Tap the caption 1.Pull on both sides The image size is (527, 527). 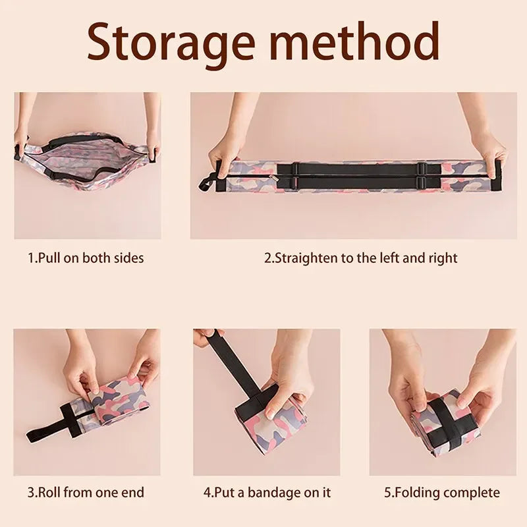click(x=86, y=258)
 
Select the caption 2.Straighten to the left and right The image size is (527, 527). click(x=360, y=258)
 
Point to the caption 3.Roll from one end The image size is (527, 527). click(x=86, y=492)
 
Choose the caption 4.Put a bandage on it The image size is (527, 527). click(x=267, y=492)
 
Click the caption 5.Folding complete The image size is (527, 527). click(x=443, y=492)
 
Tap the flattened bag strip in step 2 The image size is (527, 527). click(x=356, y=176)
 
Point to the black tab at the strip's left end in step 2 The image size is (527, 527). click(x=206, y=181)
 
